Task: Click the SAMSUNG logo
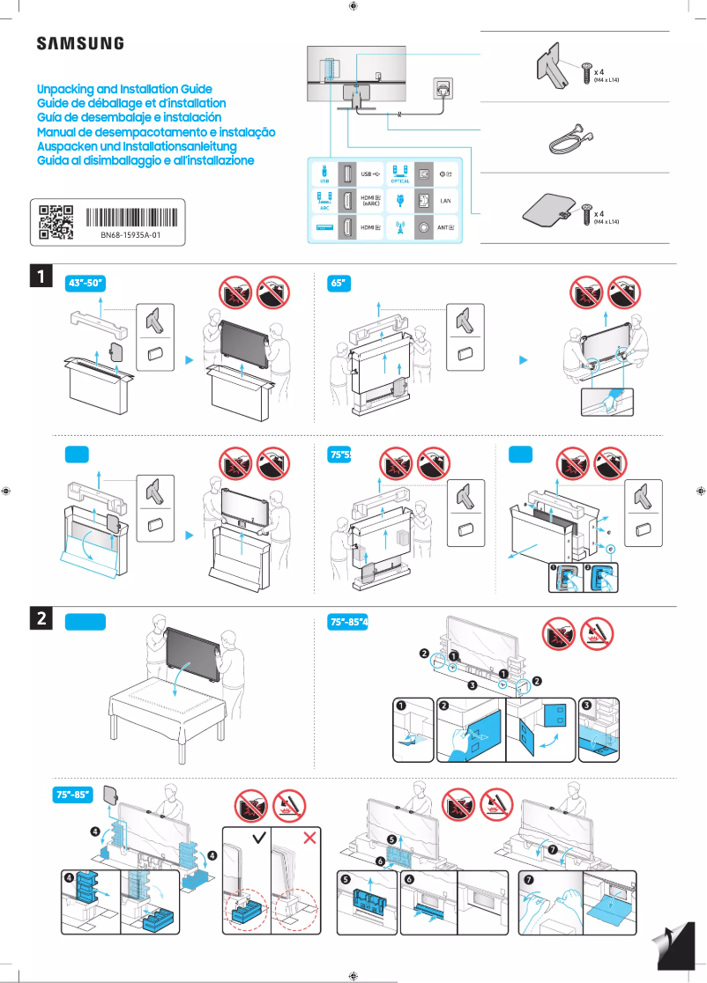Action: [79, 44]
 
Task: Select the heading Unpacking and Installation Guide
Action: [124, 90]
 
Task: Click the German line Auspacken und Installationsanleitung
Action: [137, 146]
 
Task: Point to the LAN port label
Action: [445, 202]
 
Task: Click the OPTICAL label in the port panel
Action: [400, 181]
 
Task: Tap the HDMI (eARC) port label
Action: [371, 202]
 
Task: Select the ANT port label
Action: [446, 228]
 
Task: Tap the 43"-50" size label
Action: [86, 283]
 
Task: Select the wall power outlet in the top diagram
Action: [443, 88]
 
